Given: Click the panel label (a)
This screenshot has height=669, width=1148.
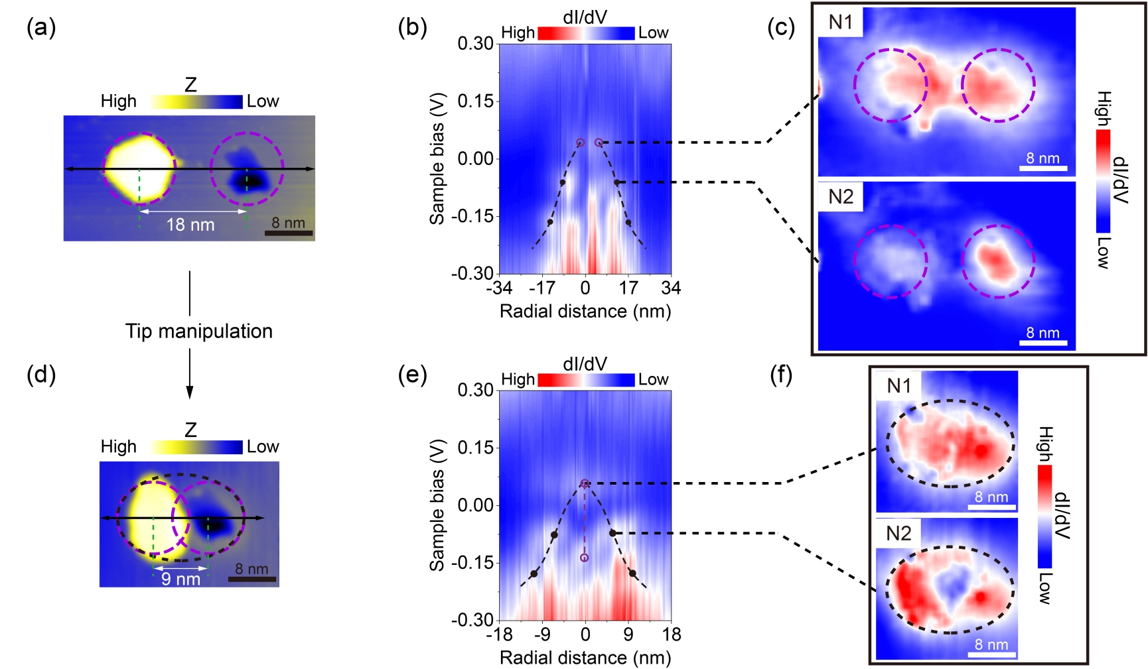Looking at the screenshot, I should [x=40, y=28].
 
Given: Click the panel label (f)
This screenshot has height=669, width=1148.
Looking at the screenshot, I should [x=781, y=375].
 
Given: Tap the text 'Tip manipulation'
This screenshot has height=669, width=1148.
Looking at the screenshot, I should [x=199, y=331].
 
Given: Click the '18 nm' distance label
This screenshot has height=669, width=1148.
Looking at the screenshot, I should [x=190, y=225].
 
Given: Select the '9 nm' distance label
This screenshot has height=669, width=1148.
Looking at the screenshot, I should [x=180, y=579].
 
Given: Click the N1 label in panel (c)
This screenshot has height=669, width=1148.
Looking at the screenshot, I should [x=840, y=23].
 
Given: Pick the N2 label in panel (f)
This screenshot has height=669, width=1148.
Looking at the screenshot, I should [x=898, y=533].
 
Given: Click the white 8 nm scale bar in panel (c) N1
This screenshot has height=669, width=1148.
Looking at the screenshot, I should [x=1043, y=169].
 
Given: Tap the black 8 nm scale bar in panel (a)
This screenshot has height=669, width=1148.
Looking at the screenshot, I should [x=289, y=233].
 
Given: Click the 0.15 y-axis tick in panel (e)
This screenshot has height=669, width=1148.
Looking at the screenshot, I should [x=475, y=448].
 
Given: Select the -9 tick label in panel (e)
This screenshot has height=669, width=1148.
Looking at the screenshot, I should [x=542, y=635].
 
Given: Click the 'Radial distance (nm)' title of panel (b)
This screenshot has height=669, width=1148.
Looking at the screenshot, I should [x=585, y=311].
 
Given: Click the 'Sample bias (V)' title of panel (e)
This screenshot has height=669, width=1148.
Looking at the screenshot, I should [x=437, y=505].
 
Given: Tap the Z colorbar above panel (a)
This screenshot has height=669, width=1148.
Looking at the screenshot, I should [x=196, y=101].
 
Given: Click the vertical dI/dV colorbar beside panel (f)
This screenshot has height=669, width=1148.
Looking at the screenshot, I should [x=1044, y=517].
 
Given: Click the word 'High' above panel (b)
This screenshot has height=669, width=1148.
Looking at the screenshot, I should [x=518, y=32].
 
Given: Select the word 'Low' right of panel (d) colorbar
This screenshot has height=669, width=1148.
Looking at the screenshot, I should [x=263, y=447].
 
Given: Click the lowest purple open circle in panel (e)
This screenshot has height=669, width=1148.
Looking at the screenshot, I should [x=584, y=558].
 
